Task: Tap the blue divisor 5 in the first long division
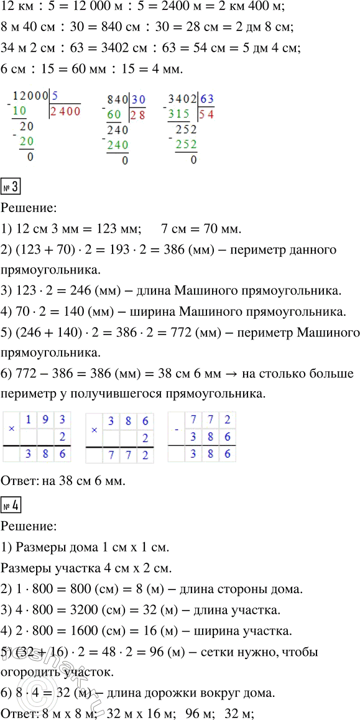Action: click(x=55, y=96)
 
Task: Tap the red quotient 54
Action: click(x=206, y=114)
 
